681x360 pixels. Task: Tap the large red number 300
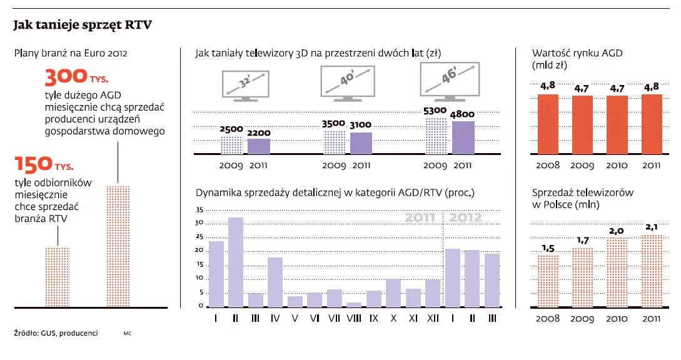point(65,77)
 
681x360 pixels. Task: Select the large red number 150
point(33,164)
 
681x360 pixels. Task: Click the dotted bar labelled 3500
point(334,142)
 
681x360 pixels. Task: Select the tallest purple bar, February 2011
point(236,262)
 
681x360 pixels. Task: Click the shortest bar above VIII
point(354,304)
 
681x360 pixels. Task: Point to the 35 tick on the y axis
point(199,210)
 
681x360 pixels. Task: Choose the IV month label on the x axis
point(275,318)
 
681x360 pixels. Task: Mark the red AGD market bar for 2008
point(548,124)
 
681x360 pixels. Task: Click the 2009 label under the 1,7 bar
point(582,318)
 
